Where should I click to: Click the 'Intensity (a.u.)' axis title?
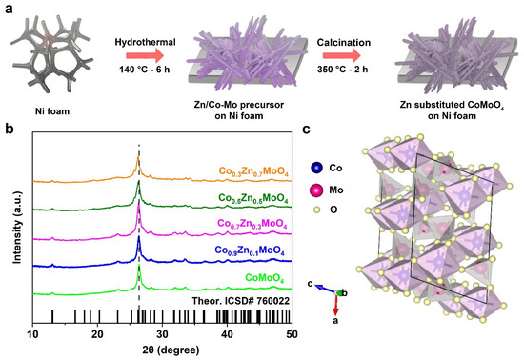12,229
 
